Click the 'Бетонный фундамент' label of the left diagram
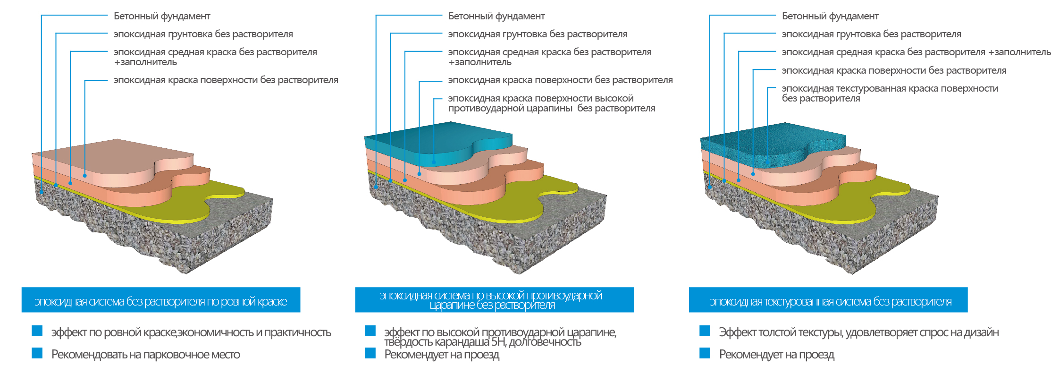tap(162, 16)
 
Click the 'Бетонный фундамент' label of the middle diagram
tap(496, 16)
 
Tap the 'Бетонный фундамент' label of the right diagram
tap(830, 16)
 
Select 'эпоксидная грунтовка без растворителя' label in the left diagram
tap(203, 34)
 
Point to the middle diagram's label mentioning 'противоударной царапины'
tap(552, 103)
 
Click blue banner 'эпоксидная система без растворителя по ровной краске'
tap(161, 300)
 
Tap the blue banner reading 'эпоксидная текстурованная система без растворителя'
tap(828, 300)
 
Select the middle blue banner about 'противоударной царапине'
tap(495, 300)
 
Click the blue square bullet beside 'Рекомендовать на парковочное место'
tap(37, 353)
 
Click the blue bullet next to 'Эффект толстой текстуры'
tap(705, 331)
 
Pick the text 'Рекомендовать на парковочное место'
tap(146, 355)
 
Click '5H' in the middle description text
tap(498, 342)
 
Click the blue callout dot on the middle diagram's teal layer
tap(434, 162)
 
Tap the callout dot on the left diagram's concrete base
tap(42, 192)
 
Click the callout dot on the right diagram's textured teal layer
tap(768, 161)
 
